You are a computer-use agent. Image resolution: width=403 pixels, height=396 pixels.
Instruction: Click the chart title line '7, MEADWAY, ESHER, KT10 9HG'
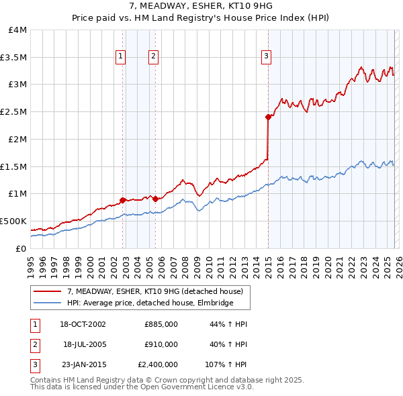tap(201, 6)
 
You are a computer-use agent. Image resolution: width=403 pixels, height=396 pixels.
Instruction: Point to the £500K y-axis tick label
tap(13, 221)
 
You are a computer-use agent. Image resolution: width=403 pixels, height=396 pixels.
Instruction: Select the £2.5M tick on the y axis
tap(15, 112)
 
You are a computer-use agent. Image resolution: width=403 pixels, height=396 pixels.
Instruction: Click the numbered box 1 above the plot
tap(121, 57)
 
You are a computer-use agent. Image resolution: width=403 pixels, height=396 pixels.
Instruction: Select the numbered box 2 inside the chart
tap(154, 57)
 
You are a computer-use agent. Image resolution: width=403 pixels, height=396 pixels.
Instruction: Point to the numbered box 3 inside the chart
tap(267, 57)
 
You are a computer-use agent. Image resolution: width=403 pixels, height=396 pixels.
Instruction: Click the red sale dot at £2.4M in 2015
tap(268, 117)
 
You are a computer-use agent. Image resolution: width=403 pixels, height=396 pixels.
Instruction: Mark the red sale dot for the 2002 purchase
tap(123, 199)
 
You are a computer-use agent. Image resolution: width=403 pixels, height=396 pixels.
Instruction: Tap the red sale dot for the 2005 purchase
tap(155, 198)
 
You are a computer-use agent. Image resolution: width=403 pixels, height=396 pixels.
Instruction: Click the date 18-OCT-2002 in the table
tap(83, 324)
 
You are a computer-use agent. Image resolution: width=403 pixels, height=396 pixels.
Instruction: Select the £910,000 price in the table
tap(161, 344)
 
